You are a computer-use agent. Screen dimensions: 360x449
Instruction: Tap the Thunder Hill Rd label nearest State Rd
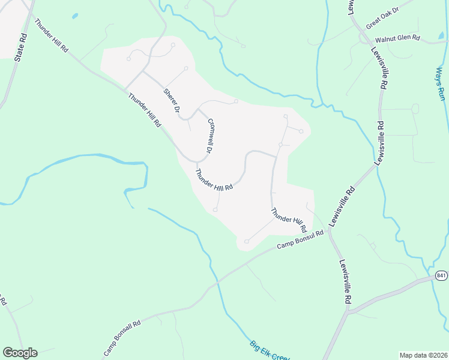[51, 37]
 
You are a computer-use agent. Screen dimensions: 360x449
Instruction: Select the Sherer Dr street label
[172, 100]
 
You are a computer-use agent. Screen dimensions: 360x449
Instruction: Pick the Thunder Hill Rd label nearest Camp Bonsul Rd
[288, 220]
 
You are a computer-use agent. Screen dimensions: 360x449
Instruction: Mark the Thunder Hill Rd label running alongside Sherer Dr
[144, 109]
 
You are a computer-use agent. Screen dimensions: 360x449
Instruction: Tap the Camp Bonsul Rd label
[300, 239]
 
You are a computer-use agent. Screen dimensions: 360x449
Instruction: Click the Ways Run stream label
[440, 83]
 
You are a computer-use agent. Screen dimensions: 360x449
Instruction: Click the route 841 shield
[441, 275]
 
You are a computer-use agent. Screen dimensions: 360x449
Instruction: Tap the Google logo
[20, 353]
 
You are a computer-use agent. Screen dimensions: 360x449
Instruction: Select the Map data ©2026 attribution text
[423, 355]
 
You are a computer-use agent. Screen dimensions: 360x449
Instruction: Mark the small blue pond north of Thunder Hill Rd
[74, 16]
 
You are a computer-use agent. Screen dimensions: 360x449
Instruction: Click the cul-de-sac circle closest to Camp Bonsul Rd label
[246, 241]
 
